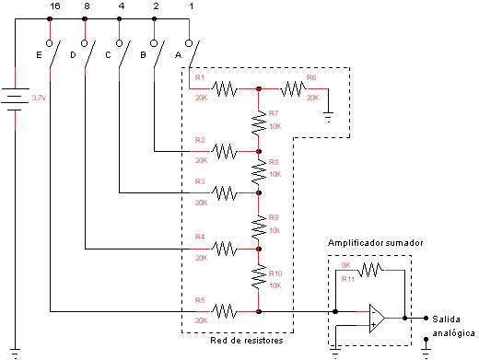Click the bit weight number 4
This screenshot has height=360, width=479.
[121, 7]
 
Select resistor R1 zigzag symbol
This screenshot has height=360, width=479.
[225, 89]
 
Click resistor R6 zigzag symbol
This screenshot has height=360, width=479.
[293, 89]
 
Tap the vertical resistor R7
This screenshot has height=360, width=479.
[259, 120]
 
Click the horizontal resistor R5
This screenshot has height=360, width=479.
[225, 311]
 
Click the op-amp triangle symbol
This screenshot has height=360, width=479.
[377, 318]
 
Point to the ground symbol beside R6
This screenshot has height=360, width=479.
[329, 115]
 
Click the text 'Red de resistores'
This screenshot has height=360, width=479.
[246, 341]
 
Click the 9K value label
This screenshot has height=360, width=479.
[346, 265]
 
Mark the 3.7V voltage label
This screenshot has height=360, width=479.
[39, 97]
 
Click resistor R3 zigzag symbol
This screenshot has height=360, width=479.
[225, 192]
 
